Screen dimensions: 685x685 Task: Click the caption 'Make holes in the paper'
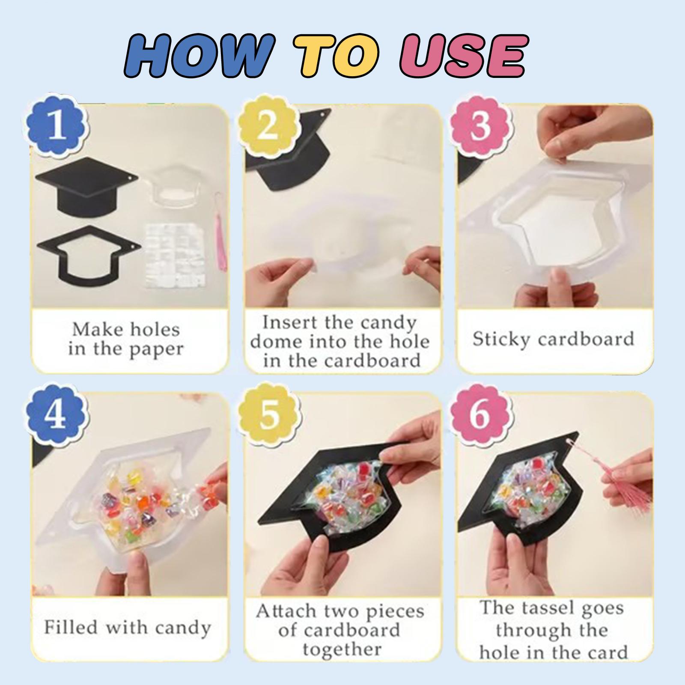click(126, 340)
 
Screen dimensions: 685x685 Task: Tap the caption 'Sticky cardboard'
click(553, 339)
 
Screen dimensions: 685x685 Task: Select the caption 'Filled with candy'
click(128, 628)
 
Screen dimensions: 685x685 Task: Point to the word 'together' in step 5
click(342, 649)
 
